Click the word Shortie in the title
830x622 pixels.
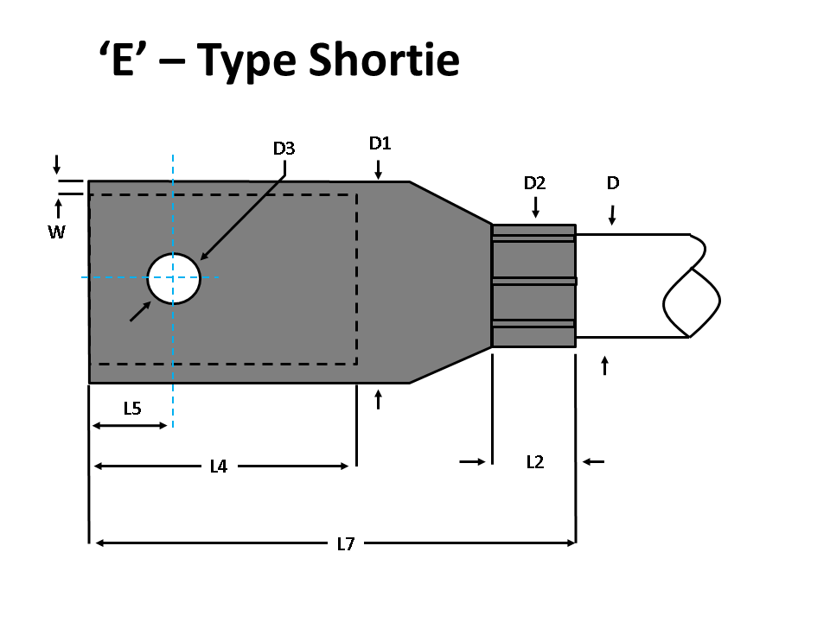pos(384,60)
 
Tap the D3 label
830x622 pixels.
pos(284,149)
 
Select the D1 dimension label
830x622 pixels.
pos(380,143)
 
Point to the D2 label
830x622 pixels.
pos(535,183)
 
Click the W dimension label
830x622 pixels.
pos(56,232)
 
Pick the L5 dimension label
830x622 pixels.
pos(131,409)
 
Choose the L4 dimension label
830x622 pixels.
pos(219,466)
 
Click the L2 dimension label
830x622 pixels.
pos(535,462)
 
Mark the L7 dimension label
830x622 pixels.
pos(346,543)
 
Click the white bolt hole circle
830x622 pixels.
pos(174,278)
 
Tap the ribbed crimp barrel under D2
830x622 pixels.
pos(533,286)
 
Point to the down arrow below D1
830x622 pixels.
pos(378,169)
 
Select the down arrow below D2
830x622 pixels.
pos(535,207)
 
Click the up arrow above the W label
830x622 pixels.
pos(58,208)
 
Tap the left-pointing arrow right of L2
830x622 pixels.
pos(593,462)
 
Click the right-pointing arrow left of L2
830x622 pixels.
pos(473,462)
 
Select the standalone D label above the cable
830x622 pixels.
pos(613,183)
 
